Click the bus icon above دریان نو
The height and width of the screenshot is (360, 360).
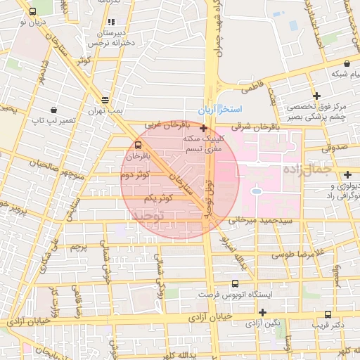33,12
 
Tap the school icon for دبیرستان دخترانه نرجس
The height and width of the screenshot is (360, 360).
111,22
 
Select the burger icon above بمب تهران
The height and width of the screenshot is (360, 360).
105,100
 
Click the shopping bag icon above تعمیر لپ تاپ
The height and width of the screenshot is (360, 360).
53,110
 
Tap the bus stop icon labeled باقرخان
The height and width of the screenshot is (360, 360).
138,146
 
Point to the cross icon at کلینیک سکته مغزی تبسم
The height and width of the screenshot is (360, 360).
203,129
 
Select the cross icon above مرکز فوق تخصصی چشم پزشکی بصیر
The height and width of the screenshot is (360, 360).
317,96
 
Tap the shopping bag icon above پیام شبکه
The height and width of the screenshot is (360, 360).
347,63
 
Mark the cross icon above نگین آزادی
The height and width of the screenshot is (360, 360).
263,312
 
